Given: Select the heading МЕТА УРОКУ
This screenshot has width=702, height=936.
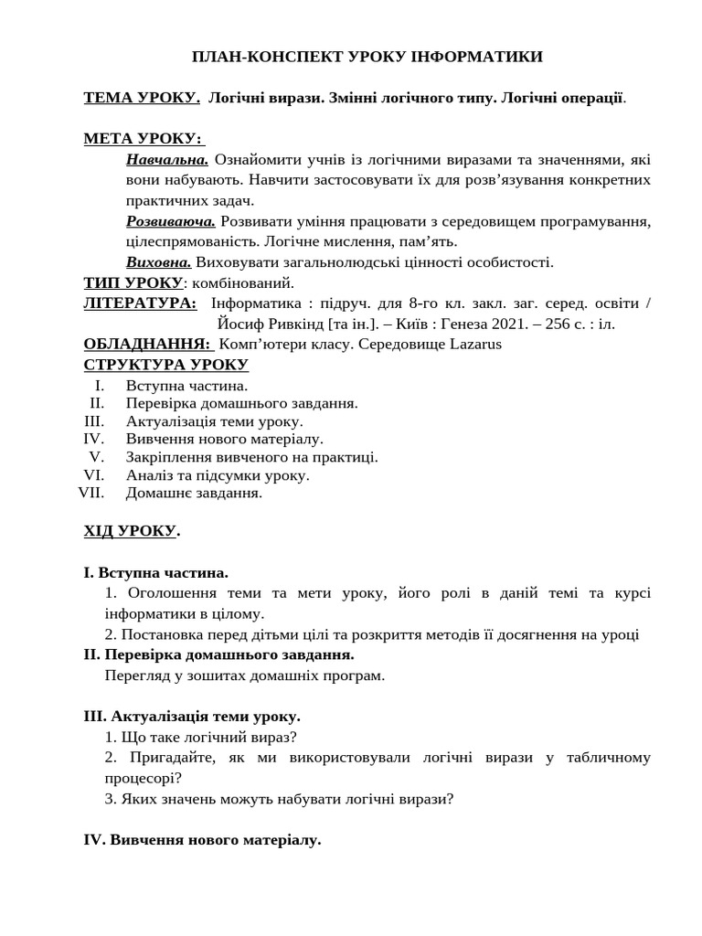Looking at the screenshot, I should point(144,138).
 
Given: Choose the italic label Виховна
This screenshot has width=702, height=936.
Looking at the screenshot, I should point(159,261).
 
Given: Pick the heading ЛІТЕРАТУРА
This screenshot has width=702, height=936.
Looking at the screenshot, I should point(140,303).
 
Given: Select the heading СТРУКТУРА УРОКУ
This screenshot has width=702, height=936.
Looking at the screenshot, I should point(165,365).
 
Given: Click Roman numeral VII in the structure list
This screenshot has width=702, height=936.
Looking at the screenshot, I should point(92,493).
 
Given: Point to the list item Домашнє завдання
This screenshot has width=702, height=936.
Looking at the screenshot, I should point(194,493).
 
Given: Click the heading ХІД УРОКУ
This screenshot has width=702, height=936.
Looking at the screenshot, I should point(131,531).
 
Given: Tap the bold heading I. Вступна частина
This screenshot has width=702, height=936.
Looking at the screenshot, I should point(155,572).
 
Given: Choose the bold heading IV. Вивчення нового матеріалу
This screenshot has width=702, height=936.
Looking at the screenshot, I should point(202,839).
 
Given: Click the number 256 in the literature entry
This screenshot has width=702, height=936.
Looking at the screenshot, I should point(558,324).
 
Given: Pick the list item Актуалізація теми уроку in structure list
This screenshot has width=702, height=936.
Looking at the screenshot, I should point(214,421).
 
